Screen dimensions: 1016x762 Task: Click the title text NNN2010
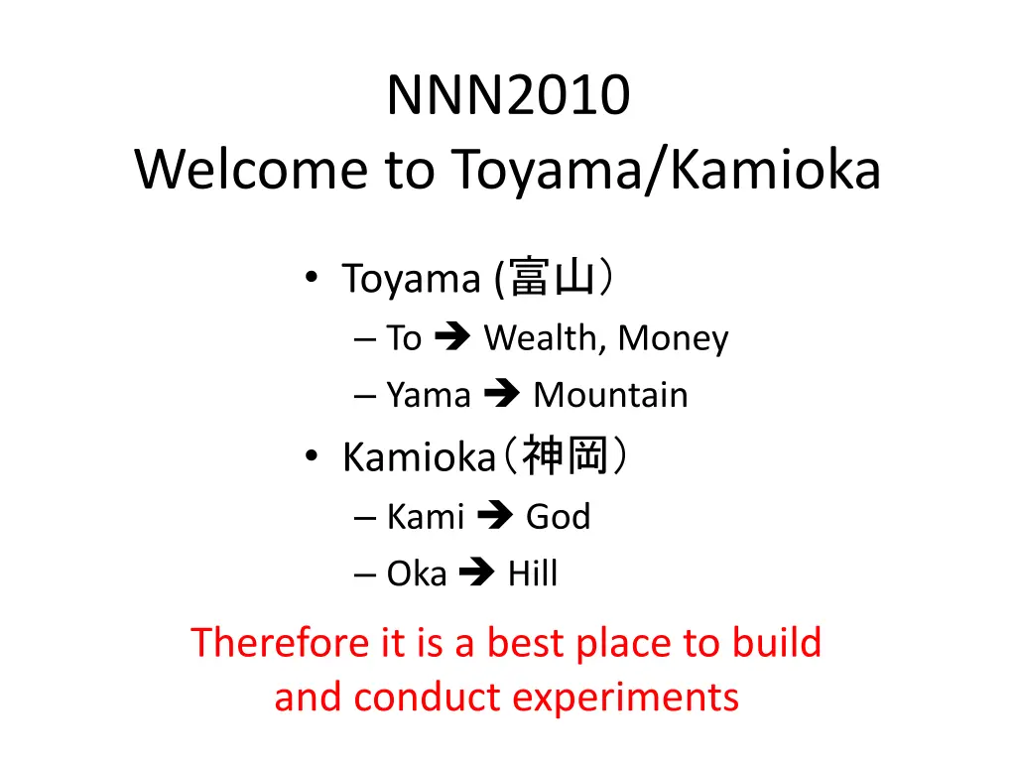pos(509,95)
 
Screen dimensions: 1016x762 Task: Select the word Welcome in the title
pos(251,169)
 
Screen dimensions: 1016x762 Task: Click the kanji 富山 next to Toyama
pos(552,278)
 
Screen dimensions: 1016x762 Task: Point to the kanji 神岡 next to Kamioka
pos(565,455)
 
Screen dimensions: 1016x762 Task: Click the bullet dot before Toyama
pos(312,278)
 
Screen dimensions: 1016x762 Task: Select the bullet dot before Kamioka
pos(312,456)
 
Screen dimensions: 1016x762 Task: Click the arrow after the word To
pos(452,336)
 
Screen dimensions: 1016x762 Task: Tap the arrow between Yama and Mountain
pos(501,393)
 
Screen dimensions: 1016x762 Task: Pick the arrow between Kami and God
pos(495,515)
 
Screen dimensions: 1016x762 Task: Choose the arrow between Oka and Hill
pos(477,571)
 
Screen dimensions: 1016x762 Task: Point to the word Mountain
pos(610,395)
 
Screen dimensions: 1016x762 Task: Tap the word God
pos(558,516)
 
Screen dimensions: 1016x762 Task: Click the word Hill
pos(532,572)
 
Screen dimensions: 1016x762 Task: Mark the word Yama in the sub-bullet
pos(429,395)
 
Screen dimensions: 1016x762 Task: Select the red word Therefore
pos(281,642)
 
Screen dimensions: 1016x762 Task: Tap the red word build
pos(776,642)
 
